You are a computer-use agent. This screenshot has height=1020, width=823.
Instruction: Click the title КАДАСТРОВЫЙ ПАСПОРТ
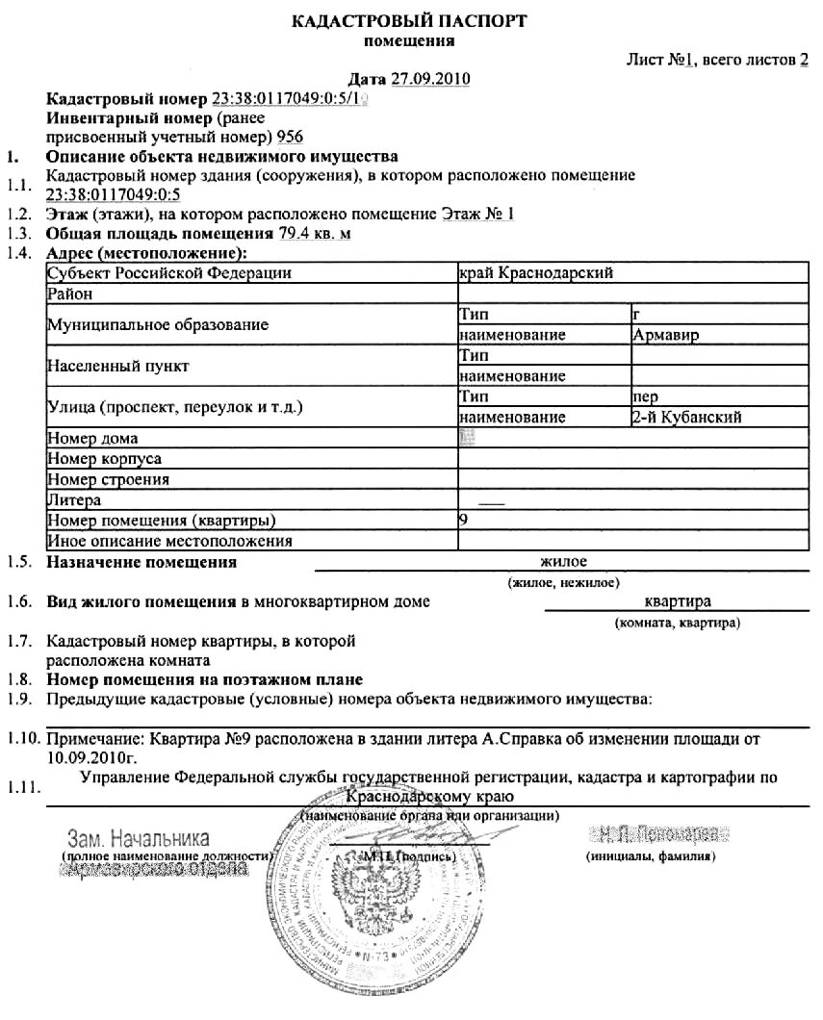409,21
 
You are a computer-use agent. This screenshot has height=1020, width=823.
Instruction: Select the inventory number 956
289,136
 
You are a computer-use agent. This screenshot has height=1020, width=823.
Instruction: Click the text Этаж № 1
477,214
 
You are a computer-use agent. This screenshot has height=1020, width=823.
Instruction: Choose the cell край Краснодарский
536,273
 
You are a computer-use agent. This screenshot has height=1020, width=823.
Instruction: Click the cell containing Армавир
666,335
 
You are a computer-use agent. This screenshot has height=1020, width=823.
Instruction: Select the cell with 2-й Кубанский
685,418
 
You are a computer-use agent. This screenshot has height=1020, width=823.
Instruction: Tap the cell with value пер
645,396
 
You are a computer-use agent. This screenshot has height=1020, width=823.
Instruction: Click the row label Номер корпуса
104,459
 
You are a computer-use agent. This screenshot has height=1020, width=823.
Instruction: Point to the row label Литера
74,500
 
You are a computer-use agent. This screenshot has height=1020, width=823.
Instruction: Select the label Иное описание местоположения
168,541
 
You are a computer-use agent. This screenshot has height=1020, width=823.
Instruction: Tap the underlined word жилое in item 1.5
563,562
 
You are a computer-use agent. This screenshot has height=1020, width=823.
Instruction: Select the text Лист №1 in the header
661,60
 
